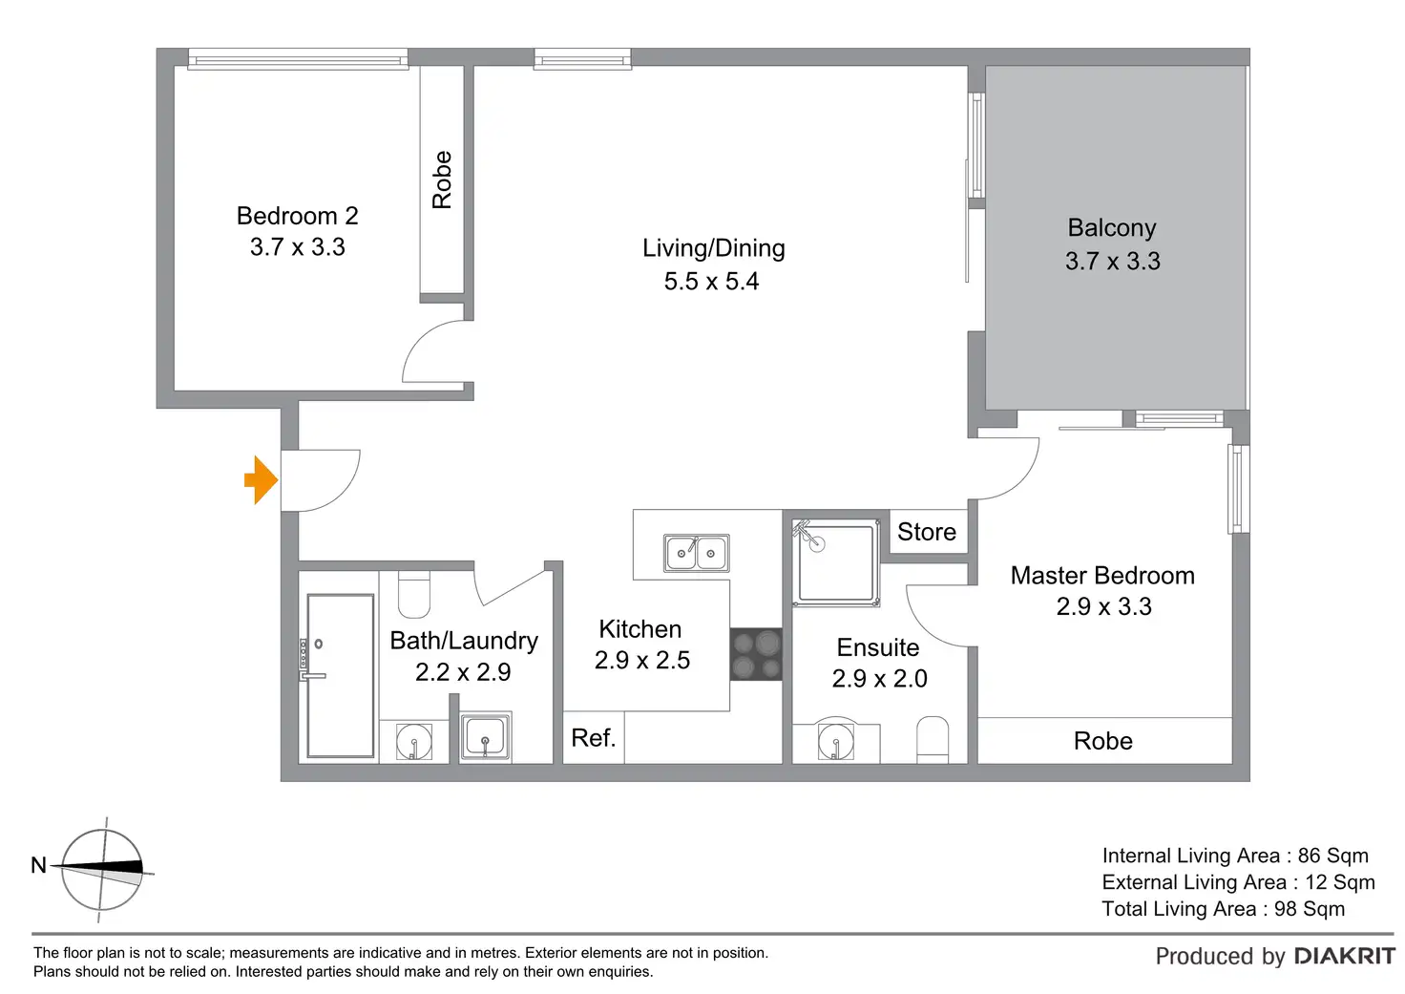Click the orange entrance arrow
[261, 479]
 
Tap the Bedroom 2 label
[297, 216]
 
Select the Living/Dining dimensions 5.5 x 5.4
[711, 282]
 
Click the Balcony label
[1112, 228]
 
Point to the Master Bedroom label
[1102, 576]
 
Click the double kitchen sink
[696, 553]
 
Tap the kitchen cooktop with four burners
[756, 654]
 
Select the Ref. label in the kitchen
[593, 738]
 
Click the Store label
[926, 532]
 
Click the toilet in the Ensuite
[933, 739]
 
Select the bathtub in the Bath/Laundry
[340, 676]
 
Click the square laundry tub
[486, 737]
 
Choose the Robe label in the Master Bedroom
[1102, 741]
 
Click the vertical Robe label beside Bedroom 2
[442, 180]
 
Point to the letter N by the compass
[38, 865]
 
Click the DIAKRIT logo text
[1344, 956]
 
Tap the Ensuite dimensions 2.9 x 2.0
[879, 679]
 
